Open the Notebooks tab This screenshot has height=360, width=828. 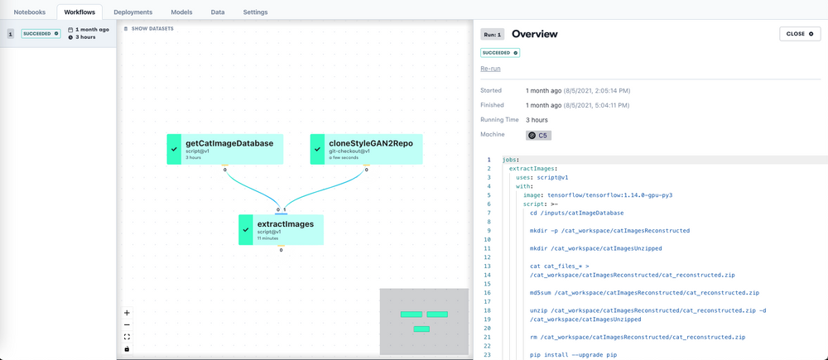point(29,12)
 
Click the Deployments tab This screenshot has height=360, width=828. point(132,12)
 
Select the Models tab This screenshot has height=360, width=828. point(181,12)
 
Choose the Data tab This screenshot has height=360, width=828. point(218,12)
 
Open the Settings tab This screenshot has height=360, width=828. point(255,12)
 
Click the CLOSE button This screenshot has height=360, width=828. point(800,34)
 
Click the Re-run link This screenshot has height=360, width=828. point(490,68)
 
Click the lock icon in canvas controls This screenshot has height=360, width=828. point(127,348)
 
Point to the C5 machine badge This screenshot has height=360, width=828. point(538,135)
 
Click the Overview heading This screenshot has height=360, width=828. point(534,34)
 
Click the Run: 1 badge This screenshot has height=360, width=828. point(493,34)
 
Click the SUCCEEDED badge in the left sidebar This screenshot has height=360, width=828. point(41,34)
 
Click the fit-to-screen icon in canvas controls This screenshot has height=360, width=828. point(127,337)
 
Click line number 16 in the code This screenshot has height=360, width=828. point(488,292)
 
